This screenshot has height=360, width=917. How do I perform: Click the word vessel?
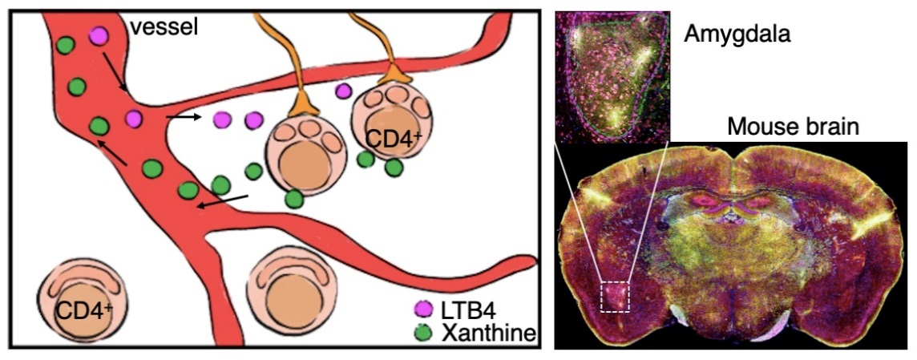(164, 27)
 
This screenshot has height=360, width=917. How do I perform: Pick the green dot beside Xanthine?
(422, 330)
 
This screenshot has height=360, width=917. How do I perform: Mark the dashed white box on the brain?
(616, 296)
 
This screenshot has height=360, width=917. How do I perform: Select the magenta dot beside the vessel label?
(99, 36)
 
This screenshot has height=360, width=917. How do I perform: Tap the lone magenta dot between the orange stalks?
(344, 90)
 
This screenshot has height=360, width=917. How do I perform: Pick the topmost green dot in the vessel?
(66, 46)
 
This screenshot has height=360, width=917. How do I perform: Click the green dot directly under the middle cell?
(293, 198)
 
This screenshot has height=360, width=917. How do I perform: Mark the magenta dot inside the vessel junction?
(133, 119)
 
